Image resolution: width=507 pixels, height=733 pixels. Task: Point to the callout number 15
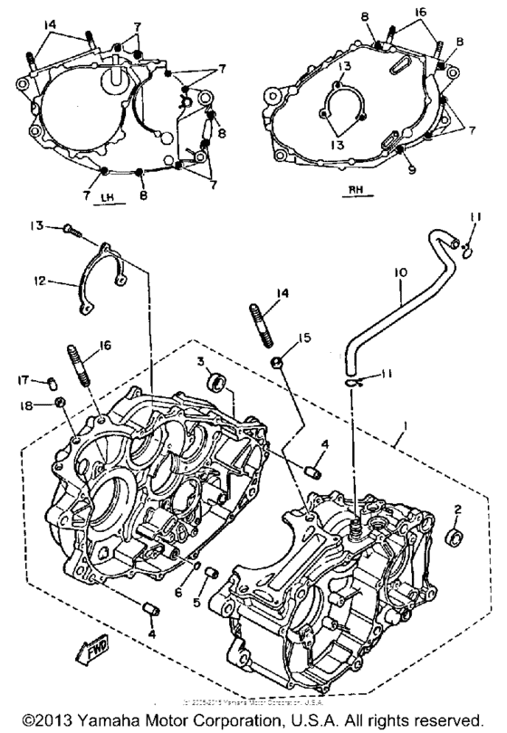[x=305, y=338]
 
